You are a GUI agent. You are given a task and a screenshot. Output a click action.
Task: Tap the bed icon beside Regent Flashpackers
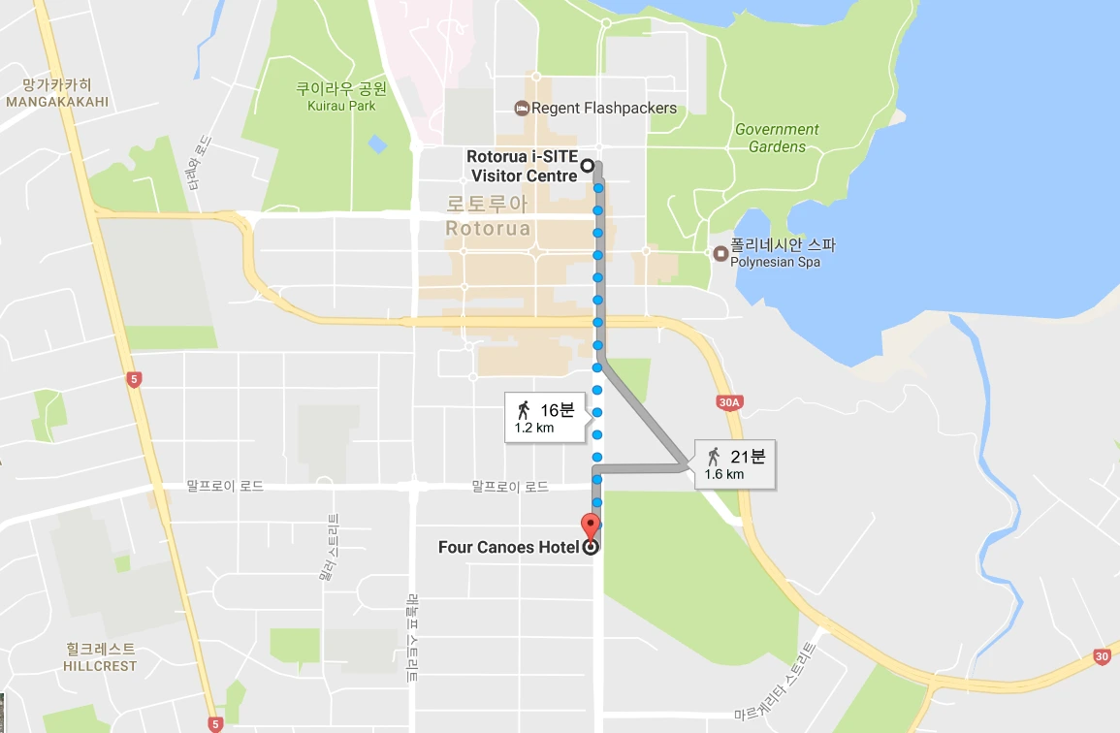(x=522, y=108)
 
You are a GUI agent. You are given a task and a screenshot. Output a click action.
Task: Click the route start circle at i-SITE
(x=588, y=166)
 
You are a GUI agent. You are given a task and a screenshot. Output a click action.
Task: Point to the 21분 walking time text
(x=748, y=456)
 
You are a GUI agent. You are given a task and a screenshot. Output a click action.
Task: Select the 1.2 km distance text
(x=534, y=428)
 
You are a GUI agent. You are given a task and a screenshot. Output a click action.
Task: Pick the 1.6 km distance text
(x=724, y=475)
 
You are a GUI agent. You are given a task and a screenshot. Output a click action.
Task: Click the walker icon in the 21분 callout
(x=714, y=456)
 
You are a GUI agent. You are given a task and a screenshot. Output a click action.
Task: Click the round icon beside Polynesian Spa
(x=720, y=254)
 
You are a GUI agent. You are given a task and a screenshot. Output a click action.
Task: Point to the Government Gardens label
(x=777, y=138)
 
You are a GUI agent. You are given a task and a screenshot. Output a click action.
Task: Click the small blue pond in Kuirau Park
(x=377, y=144)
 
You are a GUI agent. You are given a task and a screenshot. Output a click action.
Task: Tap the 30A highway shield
(x=730, y=401)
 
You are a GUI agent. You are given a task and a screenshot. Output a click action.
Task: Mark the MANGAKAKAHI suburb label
(x=56, y=101)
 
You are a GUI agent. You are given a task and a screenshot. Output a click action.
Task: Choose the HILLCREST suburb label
(x=100, y=666)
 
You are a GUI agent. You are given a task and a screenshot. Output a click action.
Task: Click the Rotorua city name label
(x=488, y=229)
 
